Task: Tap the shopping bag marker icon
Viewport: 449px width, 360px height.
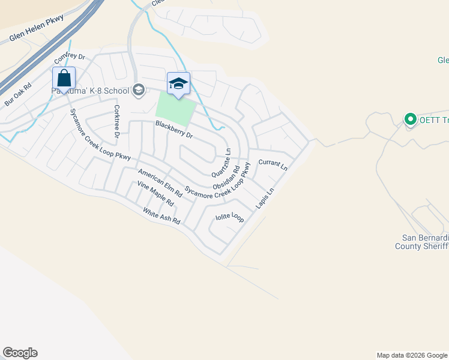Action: (64, 79)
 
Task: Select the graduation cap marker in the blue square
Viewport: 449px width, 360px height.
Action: (178, 83)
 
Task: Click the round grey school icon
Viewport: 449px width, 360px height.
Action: (139, 90)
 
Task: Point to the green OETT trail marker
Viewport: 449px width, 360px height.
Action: (411, 119)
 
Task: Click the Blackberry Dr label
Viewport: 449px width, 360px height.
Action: (174, 130)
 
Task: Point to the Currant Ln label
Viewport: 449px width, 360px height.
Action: (273, 165)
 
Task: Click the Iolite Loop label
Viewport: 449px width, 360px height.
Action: (229, 216)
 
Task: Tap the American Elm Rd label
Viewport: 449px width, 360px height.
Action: (160, 184)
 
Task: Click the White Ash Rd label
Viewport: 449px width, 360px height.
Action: (161, 216)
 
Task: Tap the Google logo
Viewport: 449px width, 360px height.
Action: (20, 353)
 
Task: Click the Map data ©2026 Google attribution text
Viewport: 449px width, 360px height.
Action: (412, 355)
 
